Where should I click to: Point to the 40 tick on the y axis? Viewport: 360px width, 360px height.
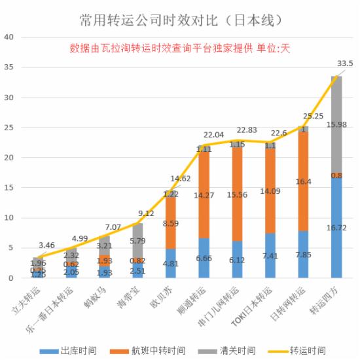9,37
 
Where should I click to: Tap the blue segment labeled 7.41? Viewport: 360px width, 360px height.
270,255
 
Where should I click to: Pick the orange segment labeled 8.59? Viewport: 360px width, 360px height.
170,223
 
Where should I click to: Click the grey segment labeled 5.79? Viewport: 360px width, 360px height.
137,241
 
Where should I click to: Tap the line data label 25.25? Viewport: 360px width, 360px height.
314,117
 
